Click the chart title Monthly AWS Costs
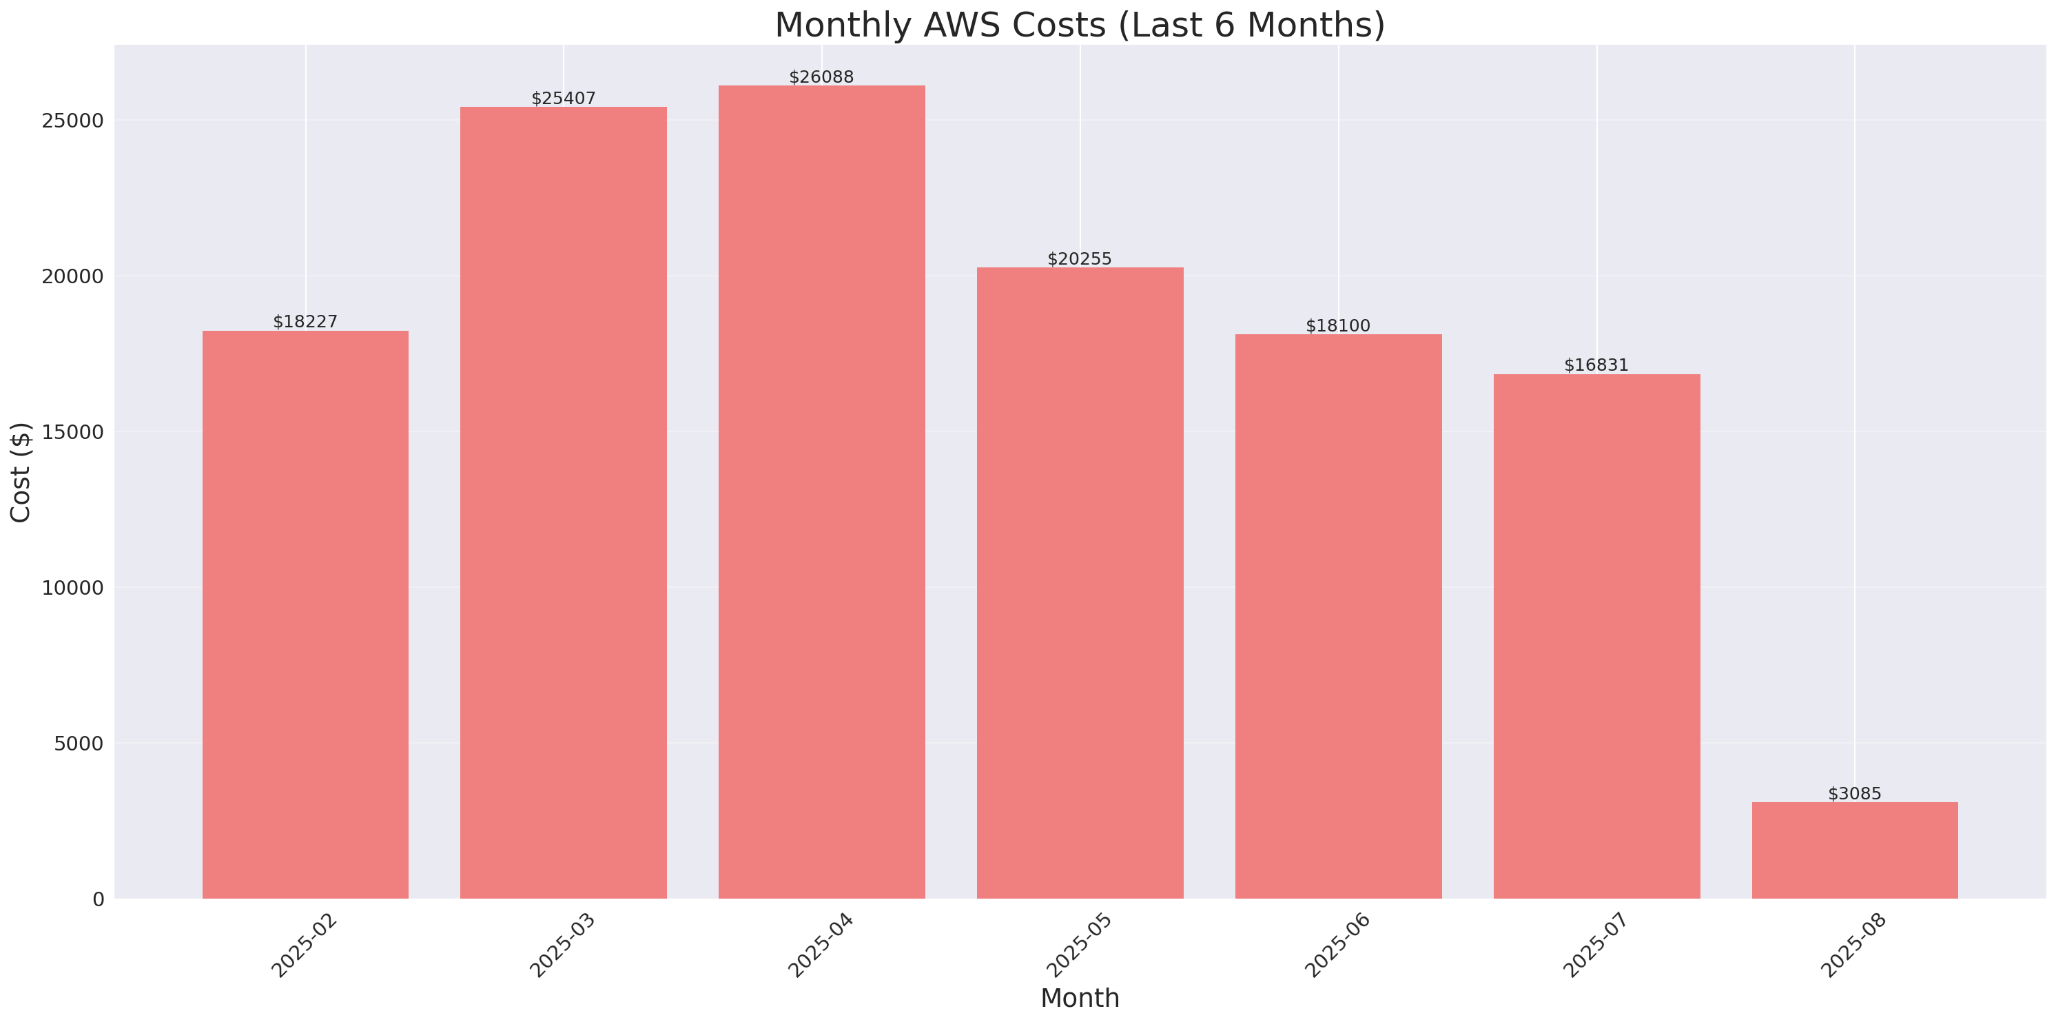[x=1079, y=25]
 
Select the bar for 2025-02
[x=305, y=615]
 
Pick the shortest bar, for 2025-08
[x=1854, y=850]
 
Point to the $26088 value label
[x=821, y=77]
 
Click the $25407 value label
[x=564, y=99]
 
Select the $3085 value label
[x=1854, y=794]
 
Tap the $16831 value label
[x=1596, y=365]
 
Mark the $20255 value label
[x=1079, y=258]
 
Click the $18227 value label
[x=305, y=322]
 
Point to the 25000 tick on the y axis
[x=74, y=121]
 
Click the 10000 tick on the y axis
[x=74, y=588]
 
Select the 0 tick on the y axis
[x=98, y=900]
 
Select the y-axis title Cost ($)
[x=20, y=472]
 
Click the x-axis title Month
[x=1079, y=998]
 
